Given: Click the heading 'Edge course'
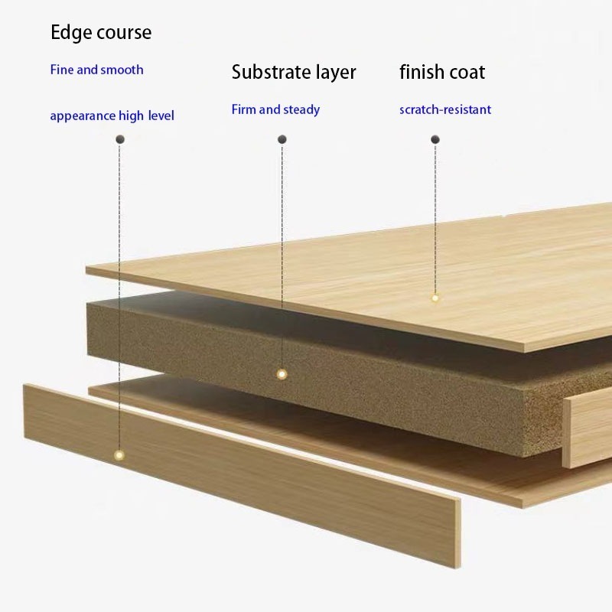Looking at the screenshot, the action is (x=101, y=33).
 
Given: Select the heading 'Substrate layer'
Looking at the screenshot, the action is (x=294, y=73).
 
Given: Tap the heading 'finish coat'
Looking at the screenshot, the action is (x=442, y=73).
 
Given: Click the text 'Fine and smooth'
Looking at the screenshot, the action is (x=96, y=70).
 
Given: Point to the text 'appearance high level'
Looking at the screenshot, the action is (x=112, y=116).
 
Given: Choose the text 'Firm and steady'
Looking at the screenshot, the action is (x=275, y=109).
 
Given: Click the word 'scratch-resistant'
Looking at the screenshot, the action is (x=445, y=109).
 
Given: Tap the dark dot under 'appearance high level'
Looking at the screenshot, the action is (x=119, y=139).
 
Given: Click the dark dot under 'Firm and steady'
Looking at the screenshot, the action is (x=282, y=139).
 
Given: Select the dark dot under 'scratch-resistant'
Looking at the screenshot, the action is (x=435, y=139).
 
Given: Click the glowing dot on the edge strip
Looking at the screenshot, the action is (x=119, y=455).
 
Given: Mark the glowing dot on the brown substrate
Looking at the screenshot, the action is (x=282, y=374).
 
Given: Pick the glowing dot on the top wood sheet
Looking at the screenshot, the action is (x=435, y=298).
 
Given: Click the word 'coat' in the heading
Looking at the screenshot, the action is (x=467, y=73).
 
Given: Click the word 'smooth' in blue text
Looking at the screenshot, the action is (x=122, y=70).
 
